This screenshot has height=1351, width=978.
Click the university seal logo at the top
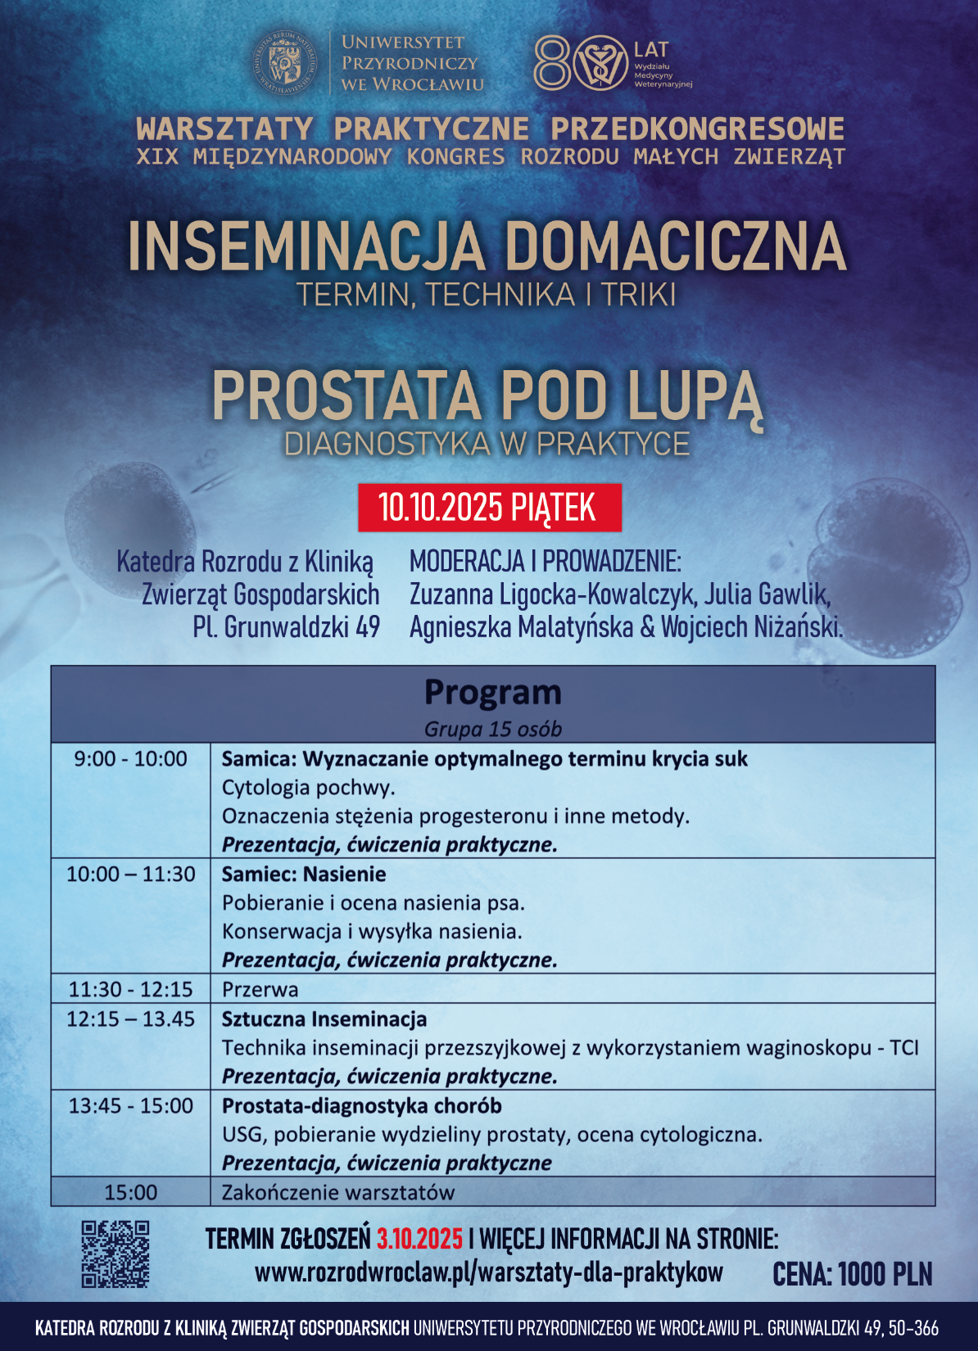[286, 62]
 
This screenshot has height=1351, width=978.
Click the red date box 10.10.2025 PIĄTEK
[489, 508]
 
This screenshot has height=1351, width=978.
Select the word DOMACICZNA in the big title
[675, 246]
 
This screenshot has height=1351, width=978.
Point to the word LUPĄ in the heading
[695, 395]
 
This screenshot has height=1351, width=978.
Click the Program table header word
[492, 693]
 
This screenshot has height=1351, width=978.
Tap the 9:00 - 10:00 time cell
[131, 759]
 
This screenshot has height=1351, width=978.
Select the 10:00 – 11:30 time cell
[131, 874]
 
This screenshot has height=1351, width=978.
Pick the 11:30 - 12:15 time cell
[131, 989]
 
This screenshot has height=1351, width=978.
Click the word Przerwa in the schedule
[260, 989]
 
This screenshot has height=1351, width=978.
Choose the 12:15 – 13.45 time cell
[131, 1019]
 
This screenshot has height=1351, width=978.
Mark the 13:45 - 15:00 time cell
[131, 1106]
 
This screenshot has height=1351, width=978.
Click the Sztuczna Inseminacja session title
[324, 1019]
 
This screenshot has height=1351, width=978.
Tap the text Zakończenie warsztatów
[338, 1192]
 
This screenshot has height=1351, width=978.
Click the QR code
[115, 1254]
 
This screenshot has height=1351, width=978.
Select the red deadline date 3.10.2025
[419, 1239]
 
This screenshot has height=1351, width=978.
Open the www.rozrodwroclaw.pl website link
[489, 1272]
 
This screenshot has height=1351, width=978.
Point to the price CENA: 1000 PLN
[852, 1274]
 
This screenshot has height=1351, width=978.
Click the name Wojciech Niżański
[751, 627]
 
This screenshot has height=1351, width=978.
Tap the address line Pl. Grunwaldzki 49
[286, 627]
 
